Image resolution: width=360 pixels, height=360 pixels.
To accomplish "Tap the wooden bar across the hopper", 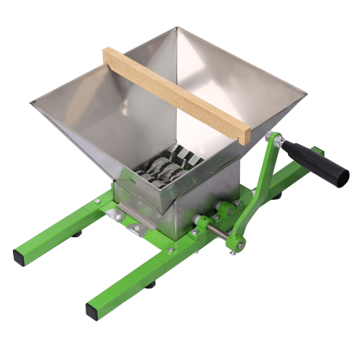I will point(173,91).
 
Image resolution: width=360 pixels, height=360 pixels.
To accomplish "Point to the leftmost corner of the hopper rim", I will point(32,103).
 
